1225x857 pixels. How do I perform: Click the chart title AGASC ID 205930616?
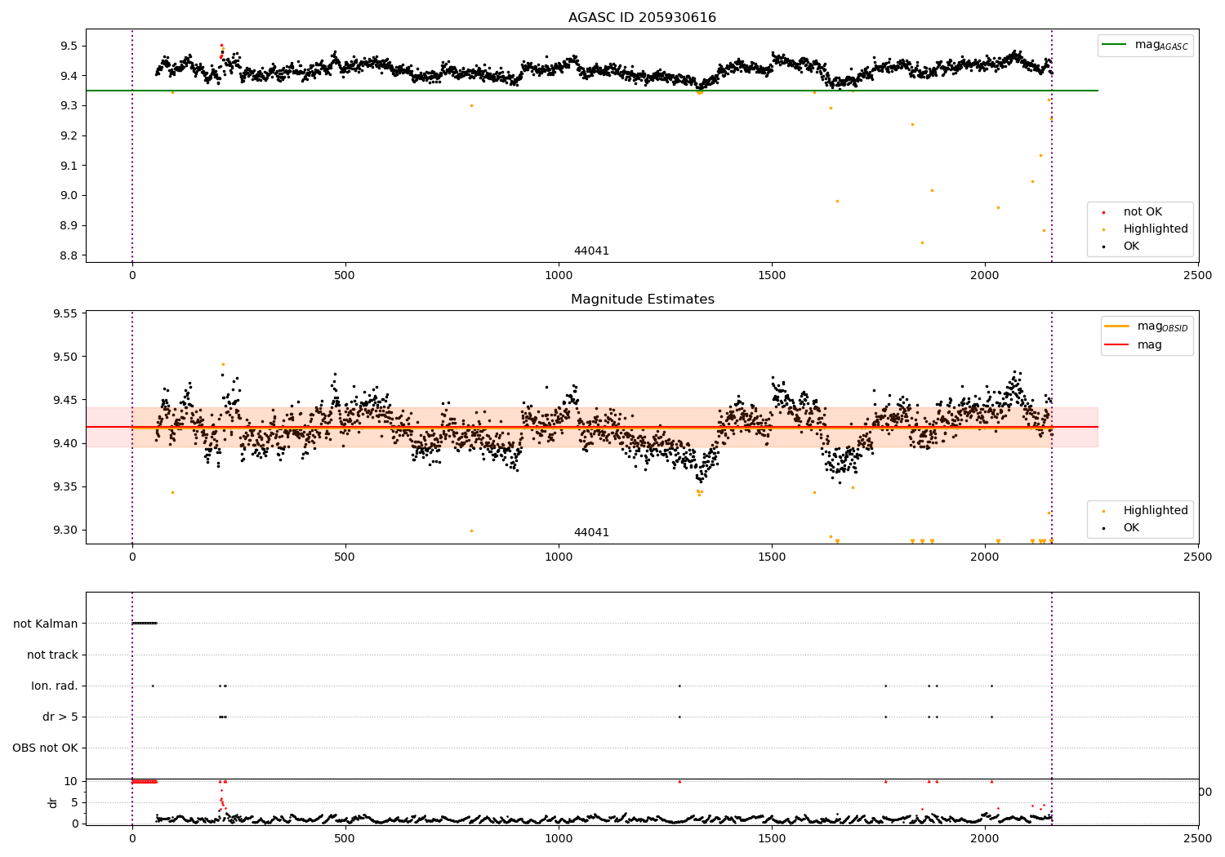(642, 18)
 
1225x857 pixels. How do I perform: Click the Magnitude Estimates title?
(642, 300)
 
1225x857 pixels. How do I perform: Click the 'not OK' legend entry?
(1142, 212)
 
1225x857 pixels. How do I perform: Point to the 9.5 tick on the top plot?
(67, 46)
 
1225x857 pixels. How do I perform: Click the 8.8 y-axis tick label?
(67, 255)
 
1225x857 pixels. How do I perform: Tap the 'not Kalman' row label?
(46, 624)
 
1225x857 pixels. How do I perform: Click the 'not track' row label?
(52, 655)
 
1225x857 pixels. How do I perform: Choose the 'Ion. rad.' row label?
(55, 686)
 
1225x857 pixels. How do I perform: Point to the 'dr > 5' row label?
(60, 717)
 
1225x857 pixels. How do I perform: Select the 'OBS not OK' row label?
(45, 748)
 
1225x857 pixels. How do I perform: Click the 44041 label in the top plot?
(591, 251)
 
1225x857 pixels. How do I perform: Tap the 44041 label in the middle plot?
(591, 533)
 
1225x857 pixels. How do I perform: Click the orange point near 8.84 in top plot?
(922, 242)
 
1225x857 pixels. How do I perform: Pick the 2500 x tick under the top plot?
(1198, 275)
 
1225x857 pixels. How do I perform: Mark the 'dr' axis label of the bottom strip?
(53, 802)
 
